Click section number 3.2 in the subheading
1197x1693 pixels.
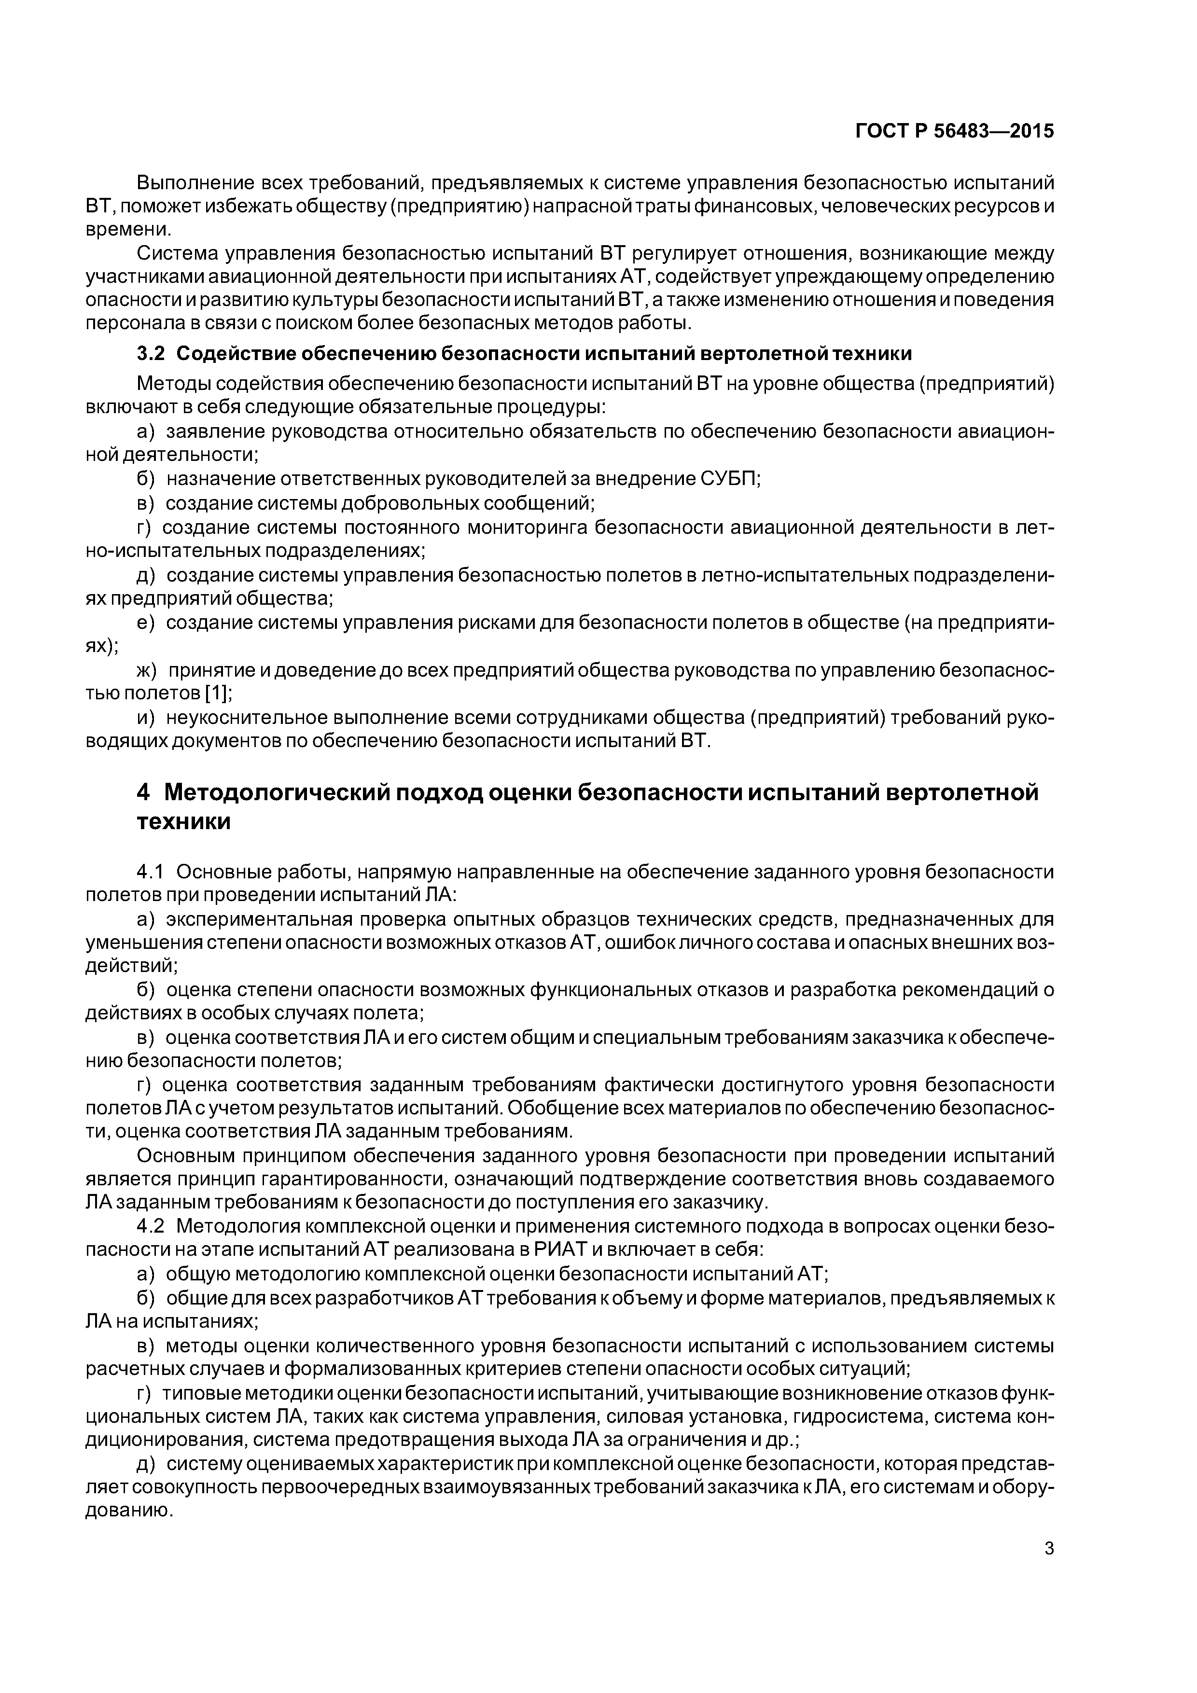(152, 354)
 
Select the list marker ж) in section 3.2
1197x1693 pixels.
(148, 670)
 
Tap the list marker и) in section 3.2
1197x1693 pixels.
(146, 718)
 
